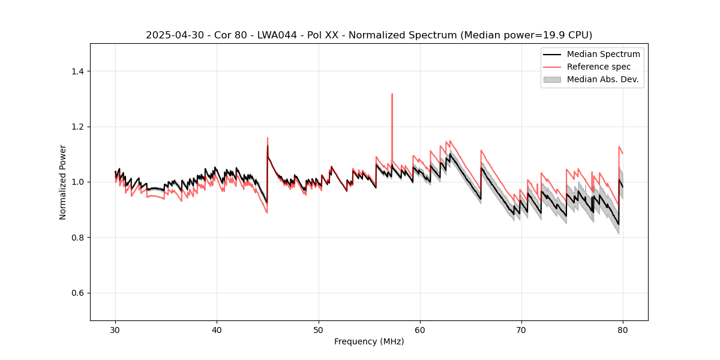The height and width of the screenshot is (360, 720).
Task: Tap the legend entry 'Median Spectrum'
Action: click(603, 54)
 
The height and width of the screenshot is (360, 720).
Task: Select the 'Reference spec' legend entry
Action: click(598, 67)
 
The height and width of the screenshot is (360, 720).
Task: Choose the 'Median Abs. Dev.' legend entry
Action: click(602, 79)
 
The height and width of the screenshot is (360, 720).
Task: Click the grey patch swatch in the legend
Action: click(551, 79)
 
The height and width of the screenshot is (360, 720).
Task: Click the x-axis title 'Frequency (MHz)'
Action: click(369, 342)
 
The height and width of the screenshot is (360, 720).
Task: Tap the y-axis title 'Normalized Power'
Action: click(63, 182)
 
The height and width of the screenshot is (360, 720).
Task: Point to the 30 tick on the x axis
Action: click(116, 330)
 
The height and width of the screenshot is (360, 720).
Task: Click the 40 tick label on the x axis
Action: click(217, 330)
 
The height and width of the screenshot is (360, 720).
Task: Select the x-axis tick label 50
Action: click(319, 330)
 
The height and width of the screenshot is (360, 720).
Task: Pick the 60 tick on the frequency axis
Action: click(420, 330)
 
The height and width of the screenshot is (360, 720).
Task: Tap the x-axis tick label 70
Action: click(521, 330)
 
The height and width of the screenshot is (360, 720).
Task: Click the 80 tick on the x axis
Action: click(623, 330)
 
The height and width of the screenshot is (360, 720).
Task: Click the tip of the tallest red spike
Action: click(392, 94)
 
